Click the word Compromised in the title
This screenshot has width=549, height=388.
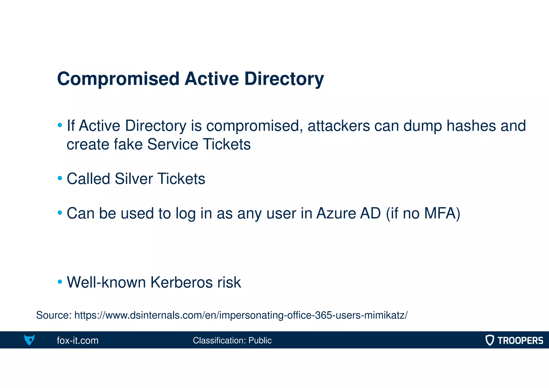click(x=118, y=79)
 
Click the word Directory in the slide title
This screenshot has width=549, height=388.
click(x=284, y=79)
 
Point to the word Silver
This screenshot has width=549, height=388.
click(x=134, y=179)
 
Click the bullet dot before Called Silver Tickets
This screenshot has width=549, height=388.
click(x=60, y=178)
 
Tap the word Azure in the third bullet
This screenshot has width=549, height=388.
click(x=335, y=213)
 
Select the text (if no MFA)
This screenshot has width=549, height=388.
click(x=423, y=213)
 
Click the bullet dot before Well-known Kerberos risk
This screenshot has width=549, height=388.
click(x=60, y=282)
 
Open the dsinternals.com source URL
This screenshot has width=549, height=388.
click(x=240, y=315)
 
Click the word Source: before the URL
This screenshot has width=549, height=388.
click(x=54, y=315)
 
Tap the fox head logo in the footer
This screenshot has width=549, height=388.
click(x=29, y=340)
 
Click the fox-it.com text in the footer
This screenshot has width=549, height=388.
click(x=77, y=341)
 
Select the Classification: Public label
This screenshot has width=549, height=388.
click(x=232, y=341)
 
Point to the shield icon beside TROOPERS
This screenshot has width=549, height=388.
click(x=489, y=340)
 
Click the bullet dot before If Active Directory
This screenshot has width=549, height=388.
click(x=60, y=125)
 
